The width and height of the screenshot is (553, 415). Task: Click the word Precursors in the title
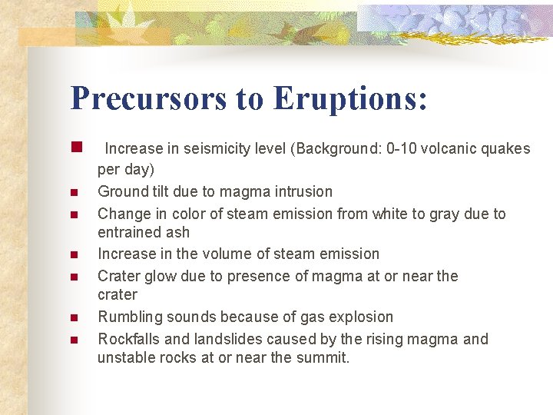(x=148, y=98)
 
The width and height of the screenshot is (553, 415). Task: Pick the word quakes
(x=505, y=148)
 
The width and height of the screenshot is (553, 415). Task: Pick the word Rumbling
(x=128, y=317)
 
